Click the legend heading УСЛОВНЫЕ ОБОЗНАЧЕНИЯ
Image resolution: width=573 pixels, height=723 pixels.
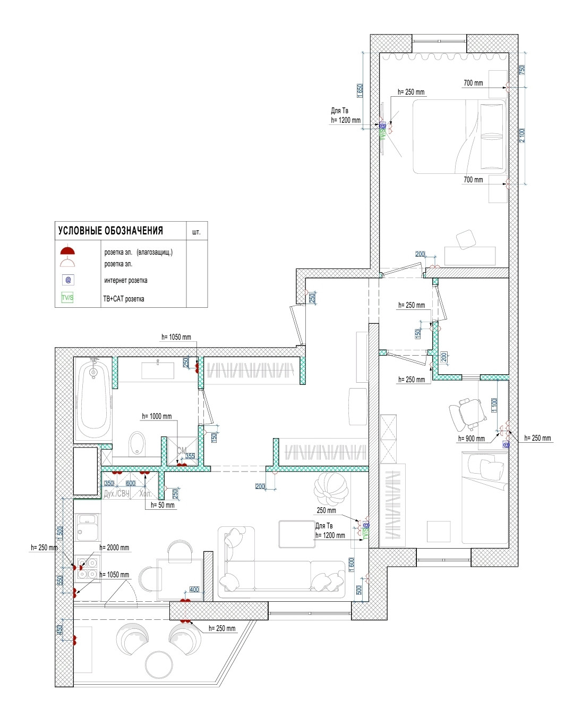110,231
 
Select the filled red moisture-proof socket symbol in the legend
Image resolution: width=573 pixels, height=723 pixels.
67,250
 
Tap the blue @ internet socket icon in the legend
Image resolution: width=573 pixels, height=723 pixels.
68,280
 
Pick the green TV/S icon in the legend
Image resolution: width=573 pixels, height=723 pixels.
67,298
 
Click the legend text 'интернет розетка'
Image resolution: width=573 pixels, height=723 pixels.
126,281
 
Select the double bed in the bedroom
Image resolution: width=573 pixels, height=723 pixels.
459,137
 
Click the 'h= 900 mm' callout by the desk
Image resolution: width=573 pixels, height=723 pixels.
471,439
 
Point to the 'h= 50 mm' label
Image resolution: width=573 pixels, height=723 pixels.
163,506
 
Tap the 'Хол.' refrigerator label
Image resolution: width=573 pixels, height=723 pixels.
145,494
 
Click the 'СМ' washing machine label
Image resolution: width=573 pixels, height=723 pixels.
182,451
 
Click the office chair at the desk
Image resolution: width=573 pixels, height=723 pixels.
465,414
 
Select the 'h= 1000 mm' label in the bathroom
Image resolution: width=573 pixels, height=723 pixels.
157,416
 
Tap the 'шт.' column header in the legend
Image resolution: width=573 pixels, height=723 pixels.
196,232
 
